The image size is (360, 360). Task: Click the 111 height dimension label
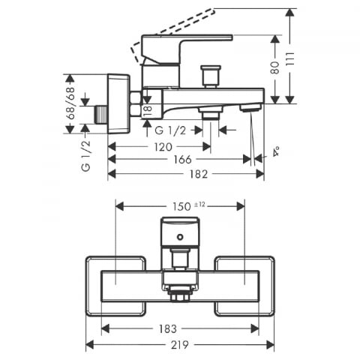tap(290, 59)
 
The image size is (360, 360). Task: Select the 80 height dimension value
tap(275, 67)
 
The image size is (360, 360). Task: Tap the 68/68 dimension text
tap(71, 103)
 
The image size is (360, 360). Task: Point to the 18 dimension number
tap(148, 111)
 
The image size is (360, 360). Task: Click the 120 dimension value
tap(163, 147)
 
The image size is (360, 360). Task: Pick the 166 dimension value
tap(182, 160)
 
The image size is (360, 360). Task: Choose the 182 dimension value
tap(199, 174)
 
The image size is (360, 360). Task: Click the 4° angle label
tap(276, 151)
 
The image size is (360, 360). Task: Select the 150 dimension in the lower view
tap(181, 206)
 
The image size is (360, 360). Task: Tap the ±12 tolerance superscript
tap(199, 205)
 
